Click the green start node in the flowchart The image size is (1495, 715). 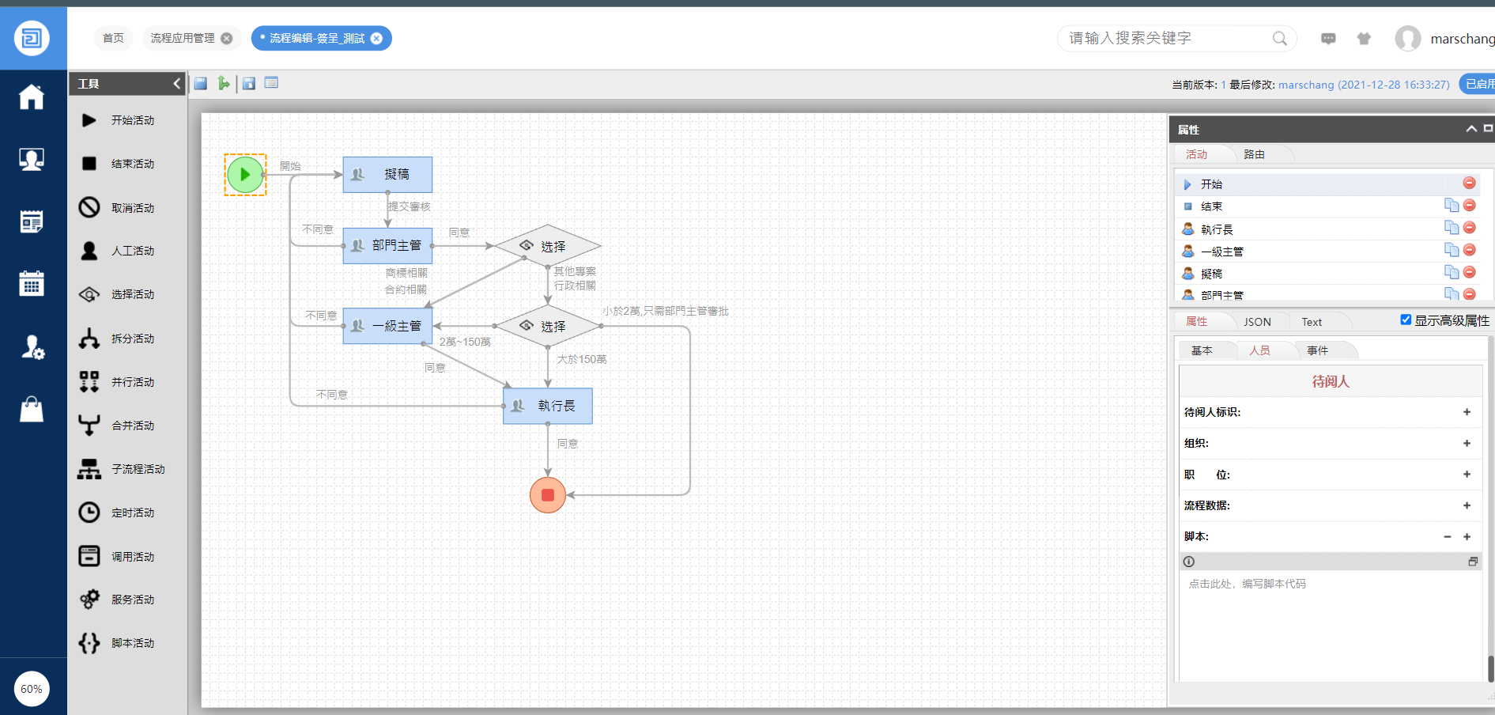coord(245,175)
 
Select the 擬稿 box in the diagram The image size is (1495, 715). coord(387,175)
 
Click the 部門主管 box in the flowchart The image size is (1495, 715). coord(387,246)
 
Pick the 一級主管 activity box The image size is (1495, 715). coord(387,326)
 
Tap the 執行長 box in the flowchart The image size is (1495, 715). coord(548,406)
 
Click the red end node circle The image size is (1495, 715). coord(548,495)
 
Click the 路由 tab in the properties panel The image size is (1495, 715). coord(1254,154)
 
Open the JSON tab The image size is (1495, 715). coord(1257,322)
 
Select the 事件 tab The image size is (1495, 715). coord(1317,350)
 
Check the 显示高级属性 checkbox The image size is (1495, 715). coord(1406,320)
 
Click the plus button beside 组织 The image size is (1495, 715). coord(1467,443)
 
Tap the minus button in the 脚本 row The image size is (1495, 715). coord(1448,536)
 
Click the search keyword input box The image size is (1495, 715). coord(1166,38)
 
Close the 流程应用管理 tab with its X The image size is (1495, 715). coord(227,38)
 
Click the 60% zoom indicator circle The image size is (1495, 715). coord(32,689)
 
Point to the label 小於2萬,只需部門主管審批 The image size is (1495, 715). coord(665,311)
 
